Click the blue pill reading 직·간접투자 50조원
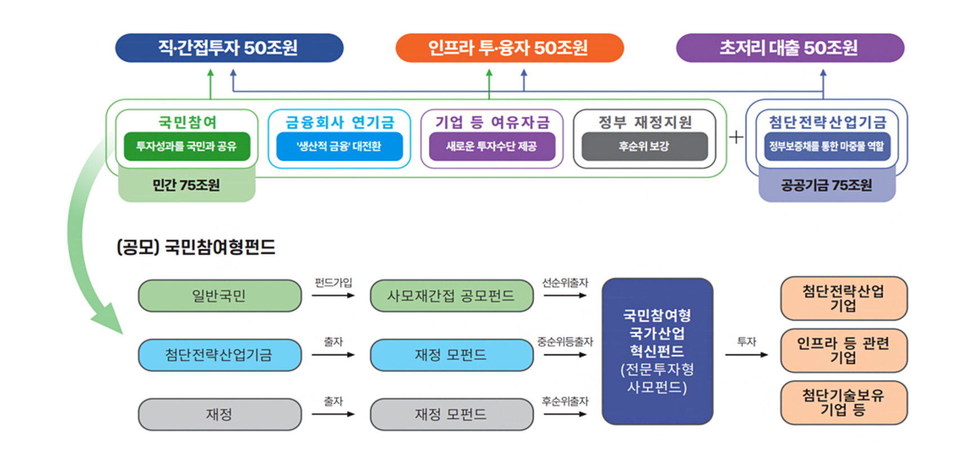tap(229, 48)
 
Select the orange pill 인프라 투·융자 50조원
tap(509, 48)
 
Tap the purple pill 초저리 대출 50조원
tap(790, 48)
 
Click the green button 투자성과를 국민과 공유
tap(187, 146)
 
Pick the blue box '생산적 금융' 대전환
tap(340, 146)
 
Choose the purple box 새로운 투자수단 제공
tap(492, 146)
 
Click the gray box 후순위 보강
tap(645, 146)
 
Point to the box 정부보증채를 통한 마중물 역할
tap(827, 146)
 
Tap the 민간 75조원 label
tap(187, 185)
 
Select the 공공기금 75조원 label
tap(827, 185)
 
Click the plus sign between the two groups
tap(736, 137)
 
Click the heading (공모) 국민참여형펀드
tap(196, 247)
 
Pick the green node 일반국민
tap(220, 296)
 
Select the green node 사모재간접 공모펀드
tap(452, 296)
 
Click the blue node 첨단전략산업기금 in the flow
tap(220, 355)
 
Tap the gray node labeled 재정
tap(220, 414)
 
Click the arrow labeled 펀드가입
tap(333, 296)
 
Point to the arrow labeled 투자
tap(747, 354)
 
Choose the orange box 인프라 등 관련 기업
tap(844, 350)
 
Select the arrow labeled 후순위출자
tap(565, 414)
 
